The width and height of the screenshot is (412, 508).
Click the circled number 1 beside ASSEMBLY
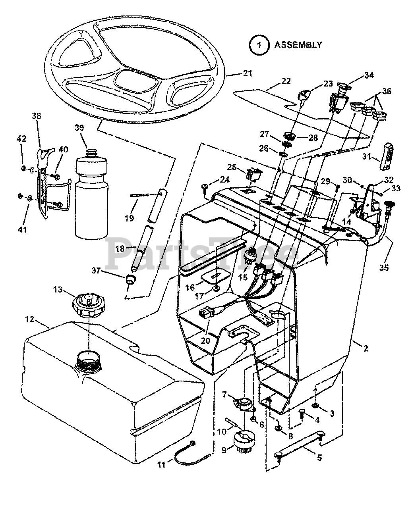click(259, 44)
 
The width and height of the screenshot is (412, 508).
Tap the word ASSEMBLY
click(298, 44)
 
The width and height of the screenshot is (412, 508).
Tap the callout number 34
click(369, 75)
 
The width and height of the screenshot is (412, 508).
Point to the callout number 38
click(36, 116)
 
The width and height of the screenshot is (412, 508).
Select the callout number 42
click(21, 139)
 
